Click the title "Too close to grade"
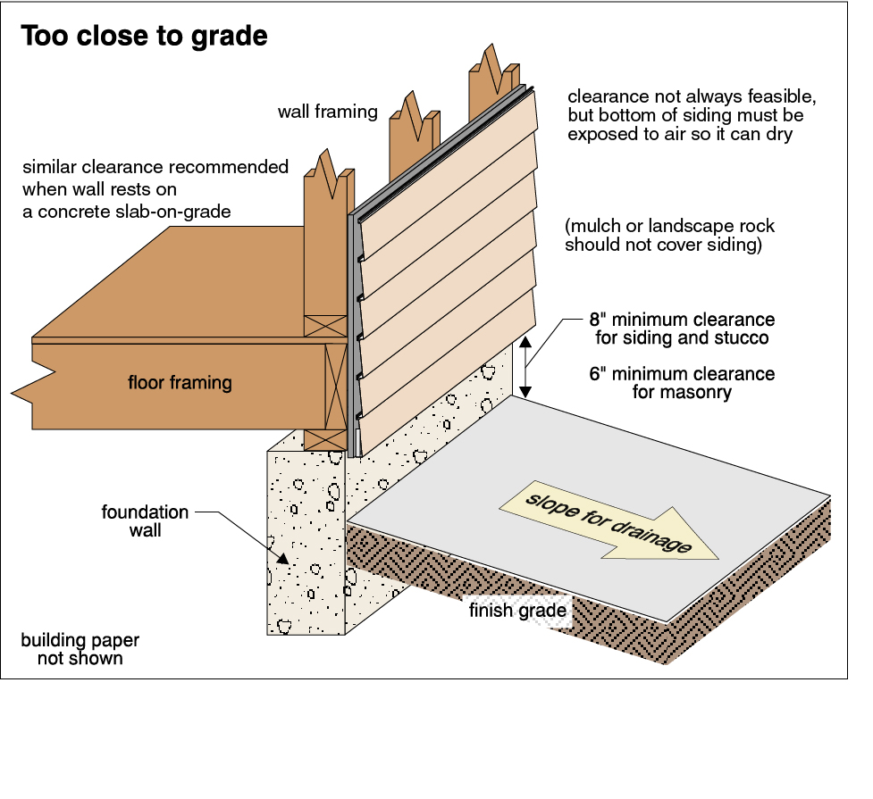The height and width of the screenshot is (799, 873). point(144,37)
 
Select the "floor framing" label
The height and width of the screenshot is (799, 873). point(180,383)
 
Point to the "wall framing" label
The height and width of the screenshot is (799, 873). point(327,112)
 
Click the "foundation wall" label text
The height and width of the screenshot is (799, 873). point(145,520)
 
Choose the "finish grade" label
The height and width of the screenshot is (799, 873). point(518,612)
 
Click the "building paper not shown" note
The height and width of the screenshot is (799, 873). point(80,649)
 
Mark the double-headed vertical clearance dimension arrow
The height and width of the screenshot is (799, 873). point(526,367)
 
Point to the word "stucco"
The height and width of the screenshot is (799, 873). point(743,338)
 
